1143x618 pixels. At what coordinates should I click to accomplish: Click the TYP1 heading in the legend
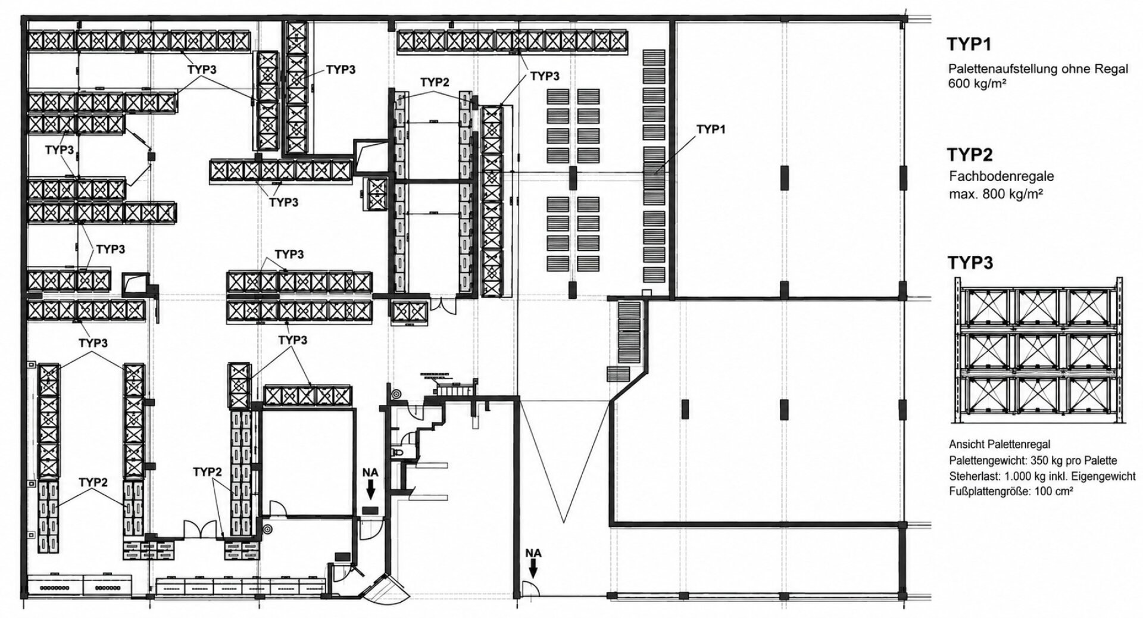point(969,44)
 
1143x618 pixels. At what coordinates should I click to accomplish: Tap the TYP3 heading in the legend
point(970,263)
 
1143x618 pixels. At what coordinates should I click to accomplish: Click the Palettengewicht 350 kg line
point(1033,460)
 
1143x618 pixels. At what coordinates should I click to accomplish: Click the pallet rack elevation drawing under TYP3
point(1039,351)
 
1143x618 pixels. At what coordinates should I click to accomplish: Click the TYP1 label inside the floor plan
point(711,129)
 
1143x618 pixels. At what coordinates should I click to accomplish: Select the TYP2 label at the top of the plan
point(435,82)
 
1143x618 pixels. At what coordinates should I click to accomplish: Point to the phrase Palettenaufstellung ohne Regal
point(1038,69)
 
